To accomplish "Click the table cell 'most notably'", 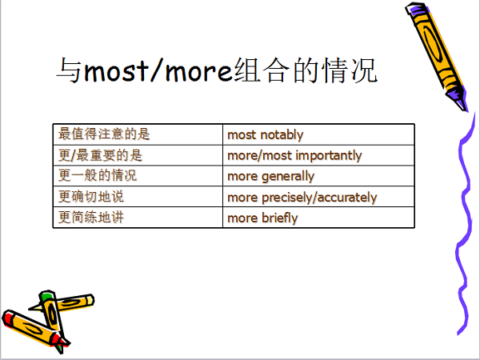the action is point(318,134).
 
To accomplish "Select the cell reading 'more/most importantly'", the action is point(318,155).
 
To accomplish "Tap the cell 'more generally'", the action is point(318,176).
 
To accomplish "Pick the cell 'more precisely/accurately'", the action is point(318,197).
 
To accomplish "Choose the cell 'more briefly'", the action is point(318,218).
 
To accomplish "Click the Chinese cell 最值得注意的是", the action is point(138,134).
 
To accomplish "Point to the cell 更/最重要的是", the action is point(138,155).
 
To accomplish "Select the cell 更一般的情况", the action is point(138,176).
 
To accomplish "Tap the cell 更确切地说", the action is point(138,197).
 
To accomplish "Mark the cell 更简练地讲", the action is point(138,218).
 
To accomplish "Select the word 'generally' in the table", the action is point(288,177).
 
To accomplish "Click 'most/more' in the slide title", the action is point(158,71).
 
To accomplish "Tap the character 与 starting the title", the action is point(69,71).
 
